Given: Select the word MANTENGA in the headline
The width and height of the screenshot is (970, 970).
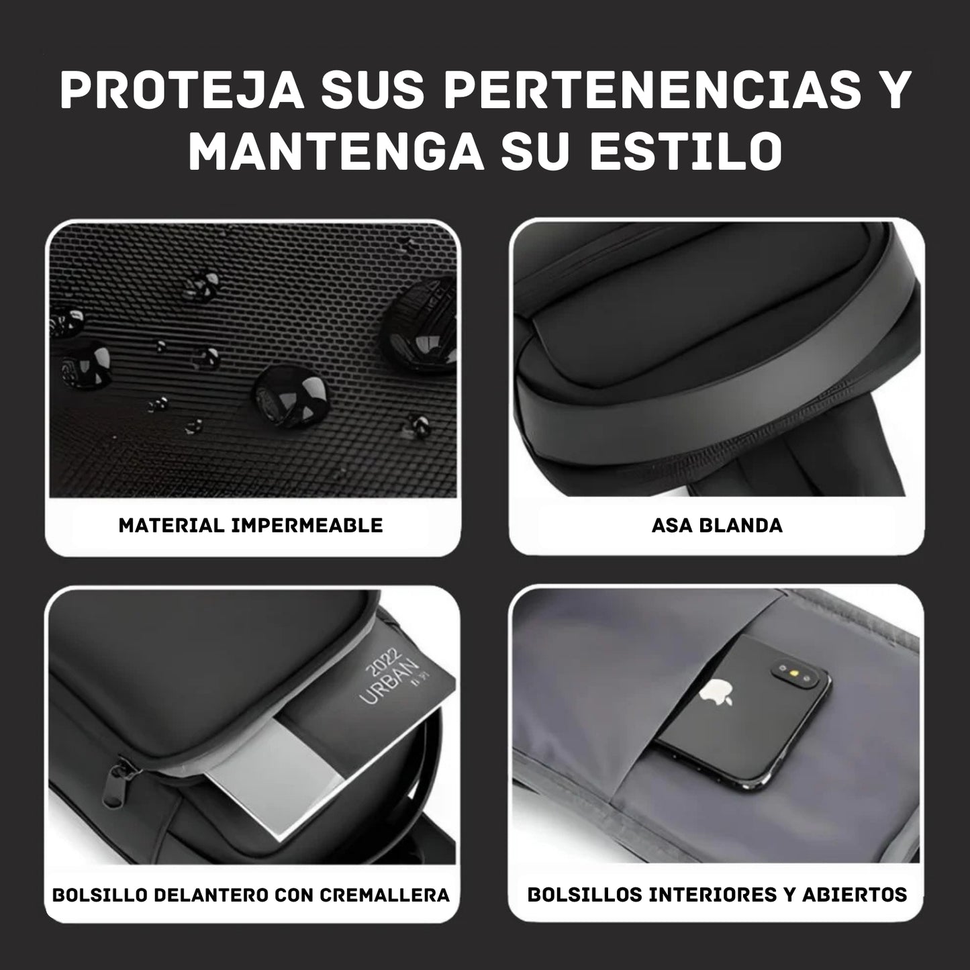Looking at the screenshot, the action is pyautogui.click(x=336, y=150).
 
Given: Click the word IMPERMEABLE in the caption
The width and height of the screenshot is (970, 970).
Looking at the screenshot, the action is pyautogui.click(x=307, y=526).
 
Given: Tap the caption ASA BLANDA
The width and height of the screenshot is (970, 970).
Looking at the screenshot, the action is pyautogui.click(x=717, y=526).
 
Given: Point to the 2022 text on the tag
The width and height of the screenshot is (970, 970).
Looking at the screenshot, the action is pyautogui.click(x=384, y=663).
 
